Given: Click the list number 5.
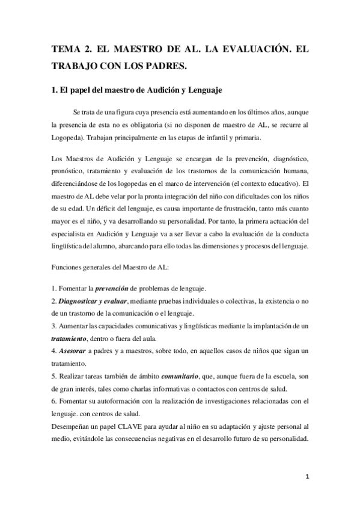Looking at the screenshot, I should tap(53, 375).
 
